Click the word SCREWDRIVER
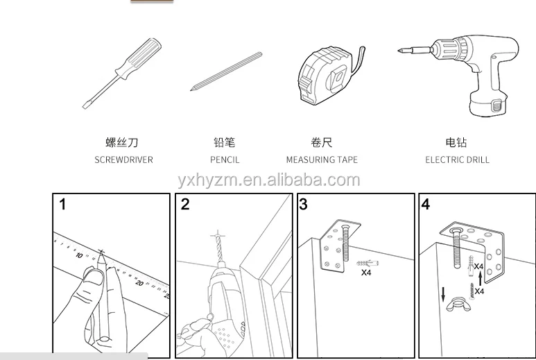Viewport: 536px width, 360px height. point(123,160)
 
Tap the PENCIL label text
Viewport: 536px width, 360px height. point(225,160)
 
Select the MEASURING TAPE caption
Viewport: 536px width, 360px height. point(322,160)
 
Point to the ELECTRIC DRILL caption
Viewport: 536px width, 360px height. point(457,160)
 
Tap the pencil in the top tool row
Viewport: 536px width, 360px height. point(226,71)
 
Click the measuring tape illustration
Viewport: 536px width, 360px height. point(330,75)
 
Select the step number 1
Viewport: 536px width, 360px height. point(62,205)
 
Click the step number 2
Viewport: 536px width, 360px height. point(185,204)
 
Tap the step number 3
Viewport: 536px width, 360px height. point(303,204)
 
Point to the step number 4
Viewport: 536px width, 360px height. point(425,204)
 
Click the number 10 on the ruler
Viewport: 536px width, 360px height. point(79,255)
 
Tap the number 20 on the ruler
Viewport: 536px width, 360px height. point(139,283)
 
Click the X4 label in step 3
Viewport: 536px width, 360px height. point(366,273)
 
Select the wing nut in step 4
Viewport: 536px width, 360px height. point(458,305)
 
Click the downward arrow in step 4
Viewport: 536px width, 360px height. point(443,294)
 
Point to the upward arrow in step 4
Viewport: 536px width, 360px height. point(481,278)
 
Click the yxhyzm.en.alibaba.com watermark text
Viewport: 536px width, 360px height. point(269,180)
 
